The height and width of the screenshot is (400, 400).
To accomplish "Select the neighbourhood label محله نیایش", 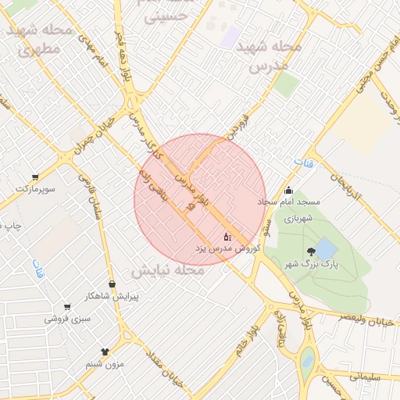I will (x=167, y=270).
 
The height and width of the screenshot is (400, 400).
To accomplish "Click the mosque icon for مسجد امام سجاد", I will (x=289, y=190).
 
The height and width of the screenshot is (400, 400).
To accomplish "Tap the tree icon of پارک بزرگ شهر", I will (x=312, y=252).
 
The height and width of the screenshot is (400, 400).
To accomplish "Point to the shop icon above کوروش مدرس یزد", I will (x=227, y=236).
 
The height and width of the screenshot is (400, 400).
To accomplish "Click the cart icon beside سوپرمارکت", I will (x=35, y=177).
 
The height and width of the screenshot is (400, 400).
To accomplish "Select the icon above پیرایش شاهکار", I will (x=111, y=284).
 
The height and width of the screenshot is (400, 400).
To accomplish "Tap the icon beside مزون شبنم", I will (x=105, y=352).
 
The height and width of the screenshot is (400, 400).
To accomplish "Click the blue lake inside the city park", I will (x=327, y=249).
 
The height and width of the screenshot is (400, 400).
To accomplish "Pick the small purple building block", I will (x=229, y=36).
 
